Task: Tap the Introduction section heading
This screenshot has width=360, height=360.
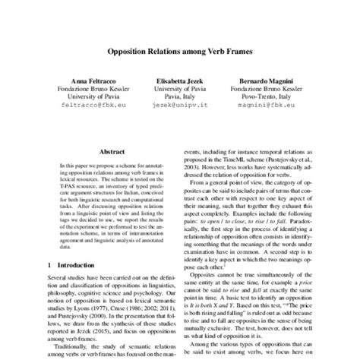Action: click(x=71, y=265)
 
